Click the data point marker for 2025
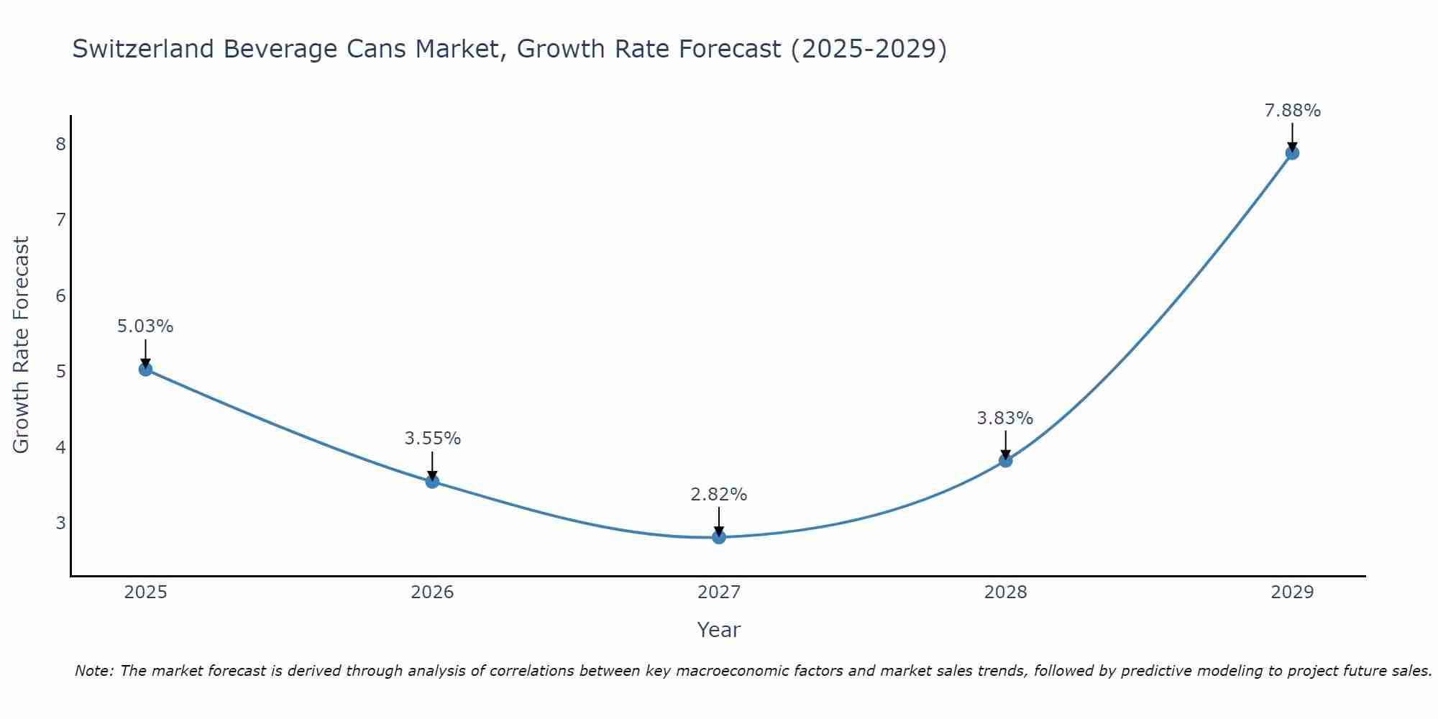coord(145,370)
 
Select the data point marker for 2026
coord(432,482)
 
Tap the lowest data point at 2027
coord(719,537)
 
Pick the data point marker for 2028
coord(1005,460)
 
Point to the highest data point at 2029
coord(1292,153)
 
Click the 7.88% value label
coord(1292,111)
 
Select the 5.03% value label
coord(145,326)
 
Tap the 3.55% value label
coord(432,439)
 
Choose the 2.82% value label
coord(719,495)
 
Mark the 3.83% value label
coord(1005,418)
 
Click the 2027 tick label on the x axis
coord(719,592)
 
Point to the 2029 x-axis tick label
coord(1292,592)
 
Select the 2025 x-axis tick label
coord(145,592)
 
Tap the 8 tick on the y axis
coord(60,144)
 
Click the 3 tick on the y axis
coord(60,523)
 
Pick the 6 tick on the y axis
coord(60,296)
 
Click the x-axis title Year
coord(719,630)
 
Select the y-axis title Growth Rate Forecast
coord(22,345)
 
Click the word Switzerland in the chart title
coord(143,49)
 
